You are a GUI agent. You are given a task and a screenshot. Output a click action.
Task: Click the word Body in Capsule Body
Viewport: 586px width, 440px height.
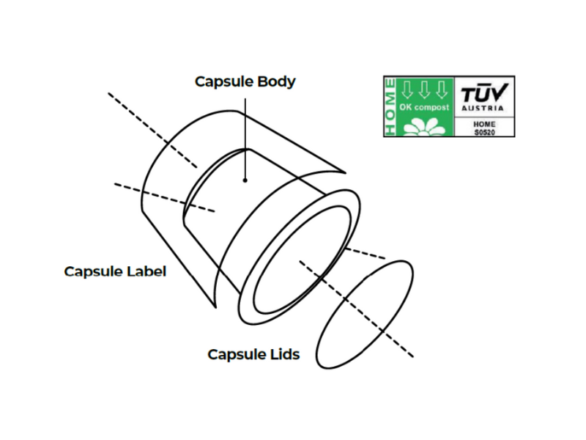click(276, 81)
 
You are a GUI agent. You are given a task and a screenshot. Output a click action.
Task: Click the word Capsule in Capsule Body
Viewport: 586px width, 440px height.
click(223, 81)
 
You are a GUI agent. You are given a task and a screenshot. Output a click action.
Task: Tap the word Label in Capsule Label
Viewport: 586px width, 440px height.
click(147, 271)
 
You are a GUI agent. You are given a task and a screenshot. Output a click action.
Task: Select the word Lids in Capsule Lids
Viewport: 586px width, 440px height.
click(283, 355)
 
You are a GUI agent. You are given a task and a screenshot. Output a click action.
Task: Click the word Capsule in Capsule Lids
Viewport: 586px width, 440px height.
click(236, 355)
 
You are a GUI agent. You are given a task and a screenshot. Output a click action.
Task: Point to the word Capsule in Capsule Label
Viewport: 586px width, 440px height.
click(93, 271)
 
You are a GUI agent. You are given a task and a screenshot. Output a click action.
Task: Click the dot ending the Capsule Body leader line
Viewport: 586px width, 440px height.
click(246, 178)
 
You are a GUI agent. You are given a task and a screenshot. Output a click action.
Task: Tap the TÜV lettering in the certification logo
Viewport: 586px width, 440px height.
click(483, 94)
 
